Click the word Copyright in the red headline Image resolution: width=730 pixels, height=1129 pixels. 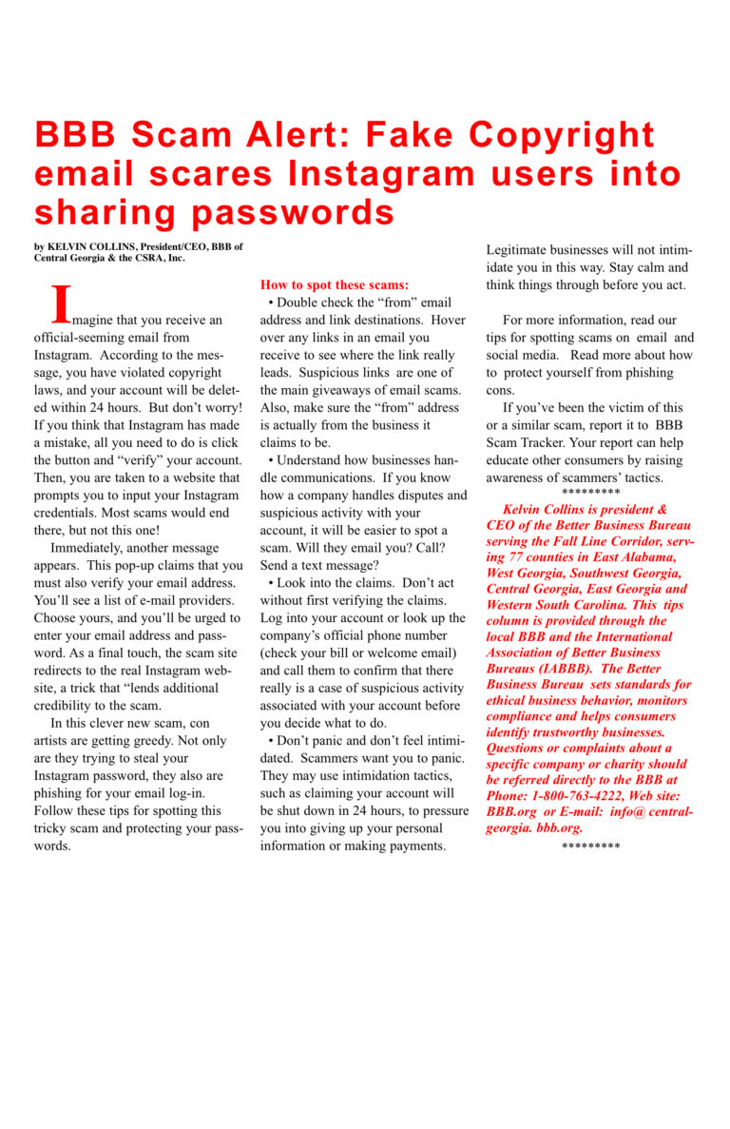pos(562,135)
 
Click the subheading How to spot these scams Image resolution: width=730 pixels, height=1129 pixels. pos(335,284)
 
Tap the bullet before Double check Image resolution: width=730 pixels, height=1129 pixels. pos(271,302)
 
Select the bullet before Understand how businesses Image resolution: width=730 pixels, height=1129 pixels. pos(271,460)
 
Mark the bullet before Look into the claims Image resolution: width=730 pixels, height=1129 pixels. pos(271,583)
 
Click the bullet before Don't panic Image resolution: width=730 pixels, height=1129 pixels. pos(271,740)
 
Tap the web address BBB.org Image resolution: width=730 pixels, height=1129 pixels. pos(509,812)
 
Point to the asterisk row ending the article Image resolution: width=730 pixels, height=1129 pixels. pos(590,845)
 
